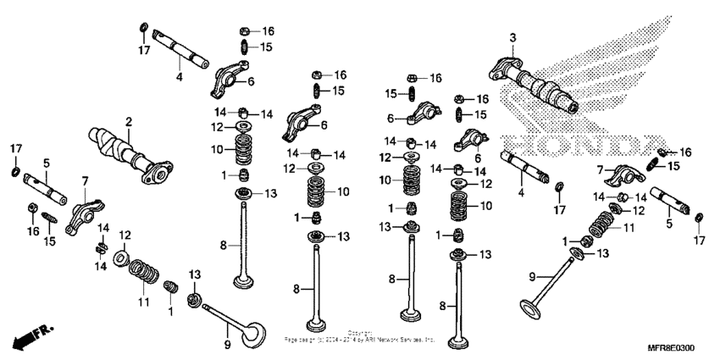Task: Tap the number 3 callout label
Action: [512, 37]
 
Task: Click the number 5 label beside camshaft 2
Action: [47, 161]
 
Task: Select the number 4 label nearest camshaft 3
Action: [522, 192]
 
